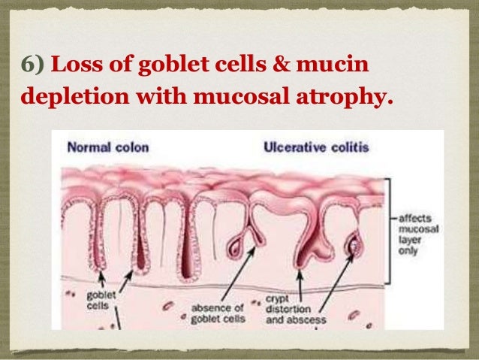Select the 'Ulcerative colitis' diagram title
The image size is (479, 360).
click(316, 147)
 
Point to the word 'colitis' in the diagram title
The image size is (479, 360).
click(349, 147)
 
